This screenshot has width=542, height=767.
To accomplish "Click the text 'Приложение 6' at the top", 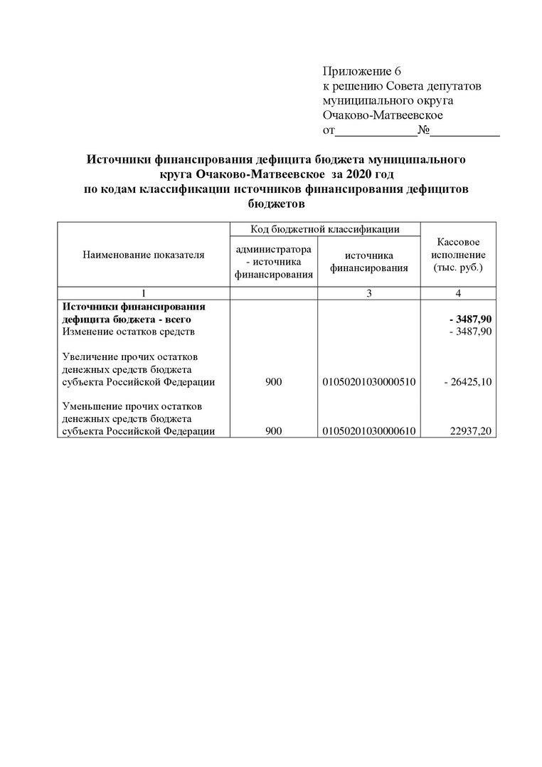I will tap(362, 70).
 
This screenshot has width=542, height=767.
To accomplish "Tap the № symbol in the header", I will tap(423, 130).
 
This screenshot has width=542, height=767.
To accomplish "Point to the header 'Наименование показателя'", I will tap(143, 254).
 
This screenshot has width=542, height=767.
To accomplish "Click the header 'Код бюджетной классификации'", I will tap(325, 229).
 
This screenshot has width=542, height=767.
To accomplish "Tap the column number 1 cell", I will tap(143, 293).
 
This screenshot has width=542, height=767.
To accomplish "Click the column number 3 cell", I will tap(368, 293).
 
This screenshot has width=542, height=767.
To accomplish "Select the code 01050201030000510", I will tap(368, 382).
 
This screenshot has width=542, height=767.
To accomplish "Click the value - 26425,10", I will tap(468, 382).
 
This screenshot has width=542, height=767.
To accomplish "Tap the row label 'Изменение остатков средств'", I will tap(128, 332).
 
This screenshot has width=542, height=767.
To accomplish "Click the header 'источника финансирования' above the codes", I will tap(368, 261).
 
